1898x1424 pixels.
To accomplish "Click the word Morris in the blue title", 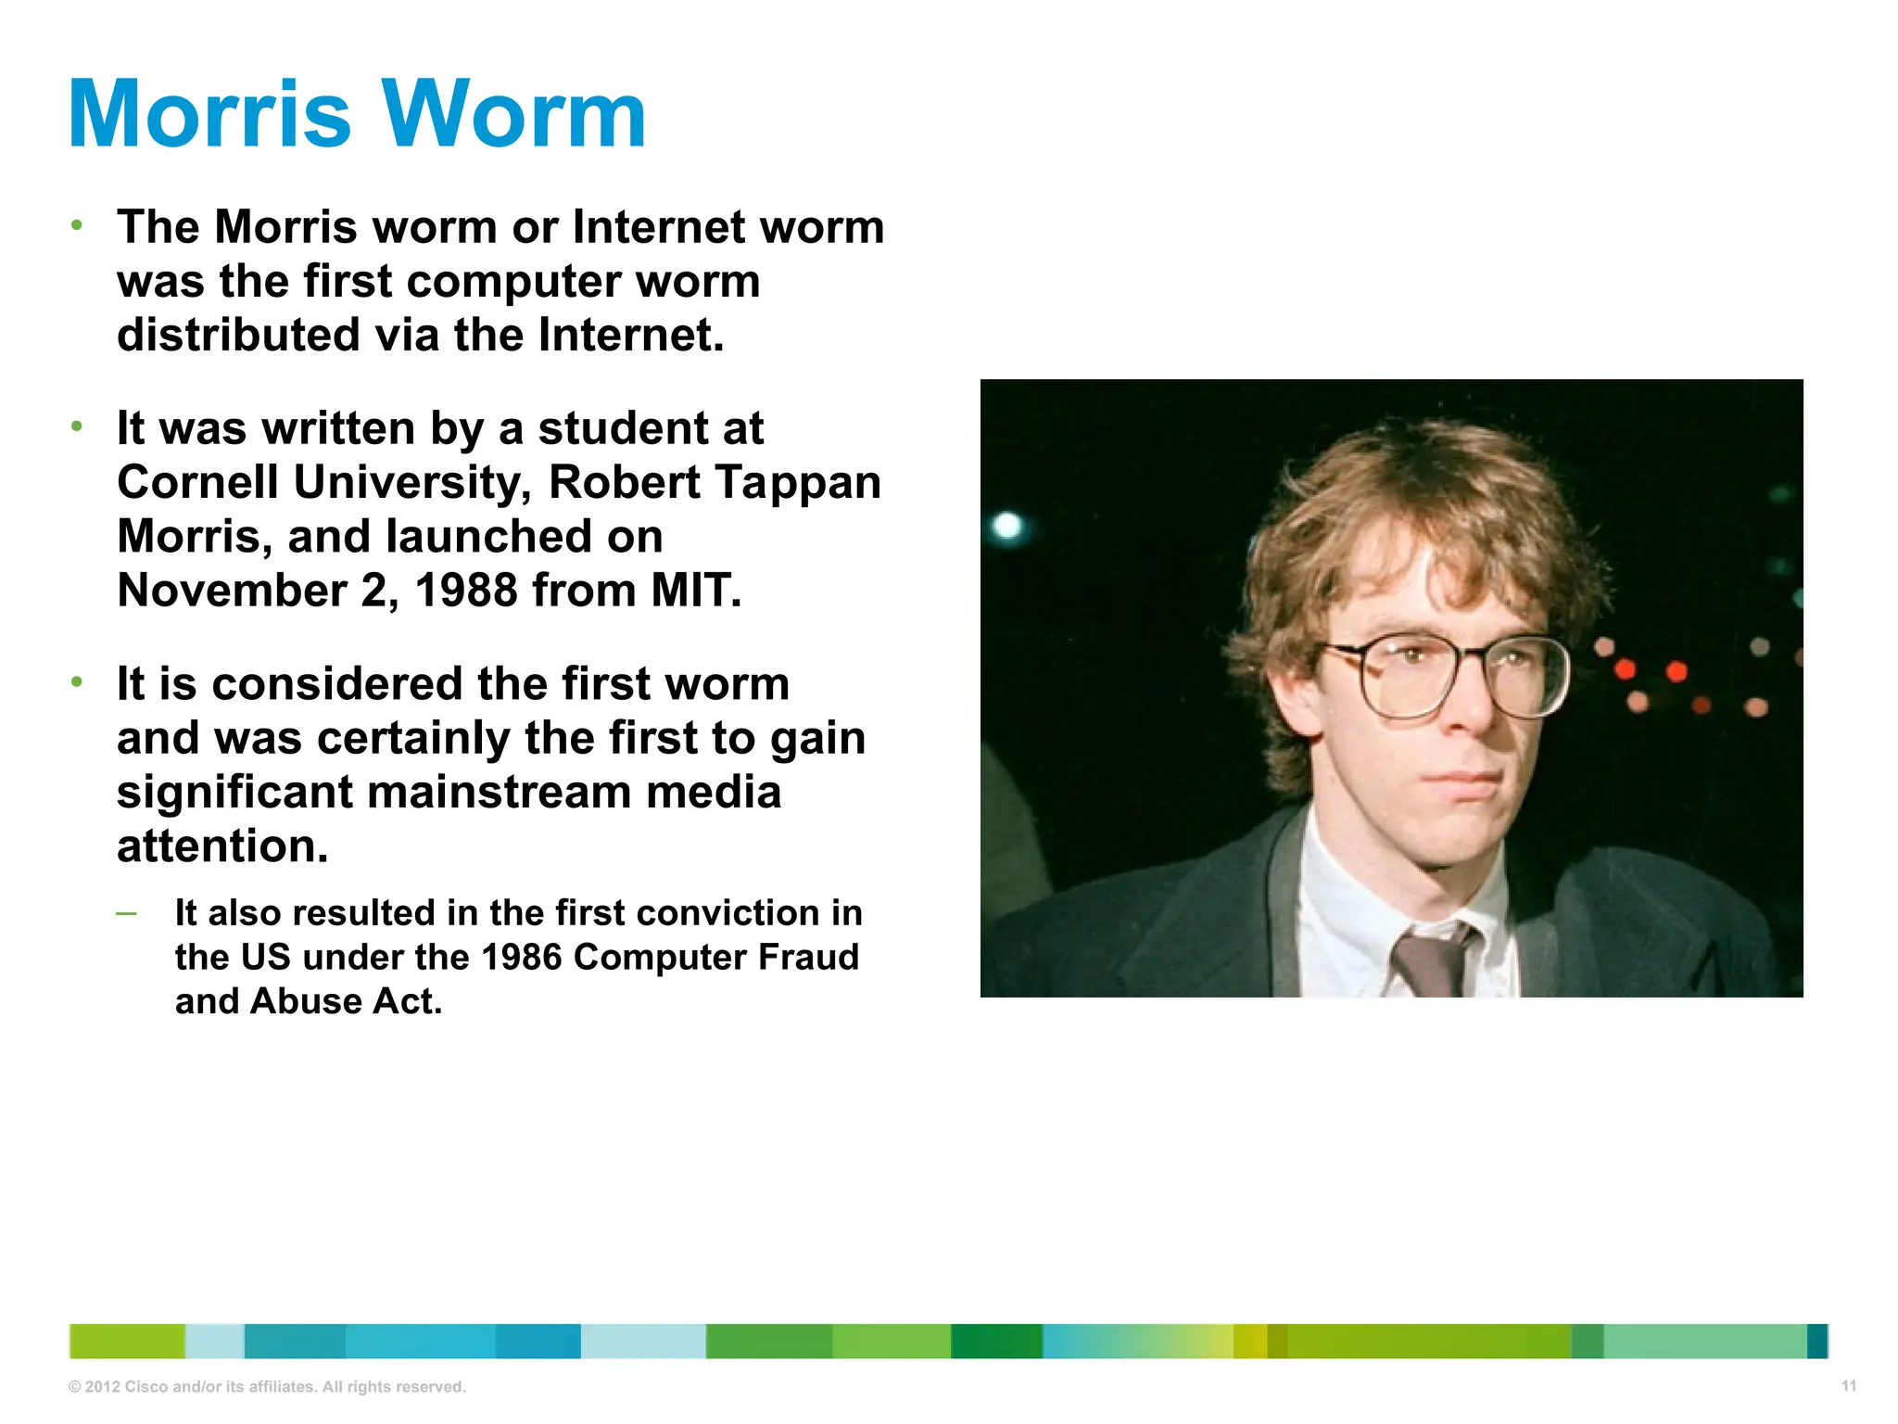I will [210, 115].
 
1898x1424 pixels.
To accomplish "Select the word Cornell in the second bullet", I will [197, 483].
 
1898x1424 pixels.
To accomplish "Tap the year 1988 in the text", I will [466, 591].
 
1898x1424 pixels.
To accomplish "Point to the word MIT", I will [696, 591].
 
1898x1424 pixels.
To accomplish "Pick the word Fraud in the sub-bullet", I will [808, 958].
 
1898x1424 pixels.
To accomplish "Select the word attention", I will [222, 846].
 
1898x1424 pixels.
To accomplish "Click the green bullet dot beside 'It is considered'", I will [77, 683].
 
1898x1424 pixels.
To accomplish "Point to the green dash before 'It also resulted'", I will [127, 914].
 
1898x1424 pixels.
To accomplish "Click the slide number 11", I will [1848, 1386].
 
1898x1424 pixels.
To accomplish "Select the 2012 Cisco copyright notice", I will [267, 1387].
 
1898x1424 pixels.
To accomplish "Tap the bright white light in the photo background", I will [1007, 527].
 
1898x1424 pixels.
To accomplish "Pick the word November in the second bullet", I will [232, 591].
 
